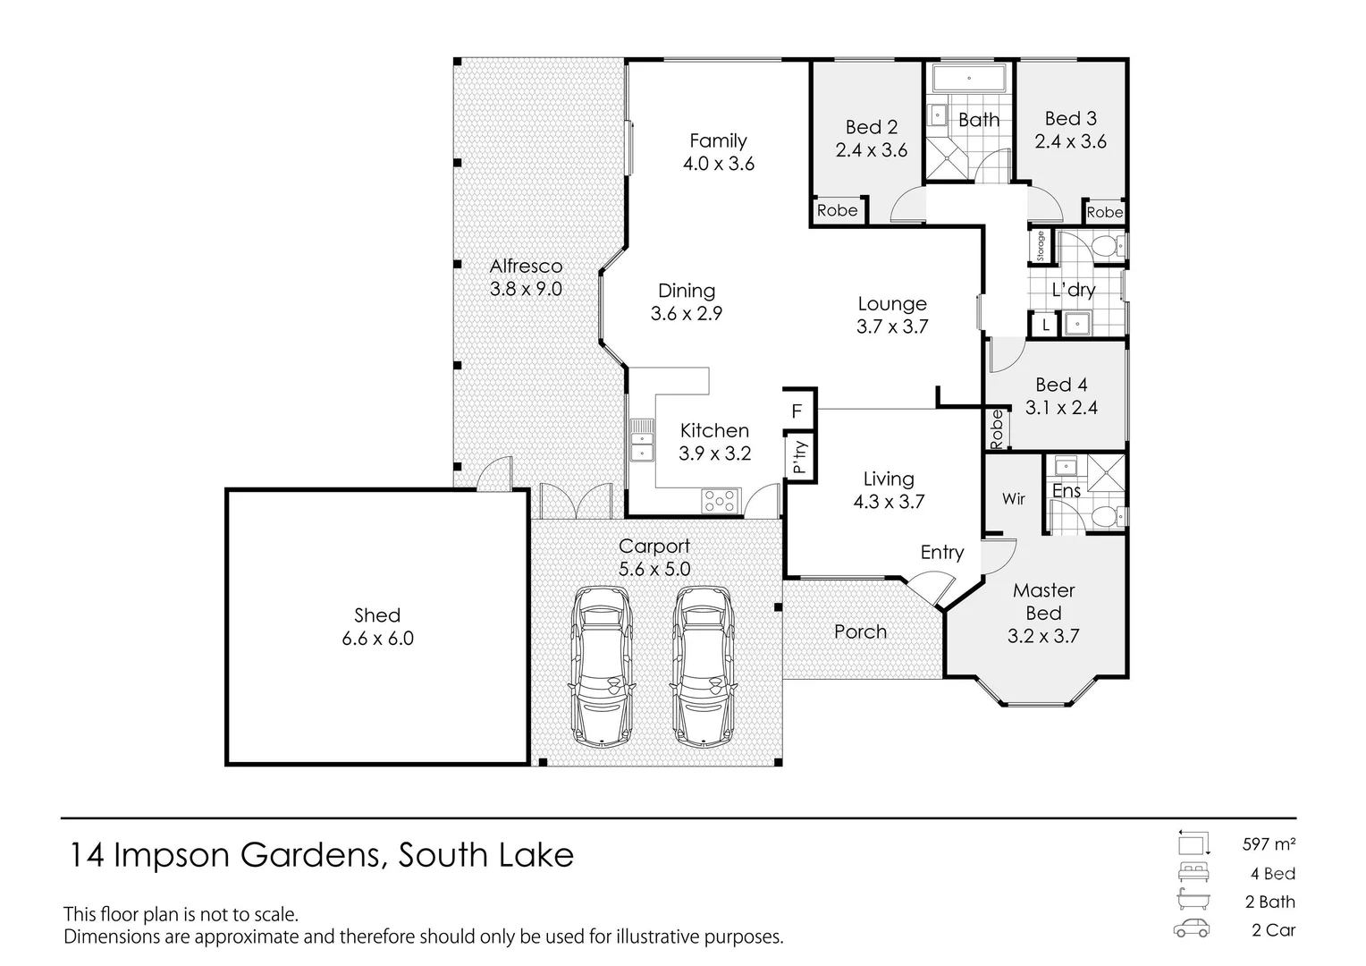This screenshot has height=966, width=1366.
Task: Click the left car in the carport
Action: pos(601,665)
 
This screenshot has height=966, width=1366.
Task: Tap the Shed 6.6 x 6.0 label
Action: pos(377,627)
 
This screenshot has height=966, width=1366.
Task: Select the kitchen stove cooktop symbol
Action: pos(720,500)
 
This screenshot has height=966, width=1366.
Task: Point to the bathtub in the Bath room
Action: pos(969,79)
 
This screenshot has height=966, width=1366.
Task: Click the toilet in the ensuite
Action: pos(1106,517)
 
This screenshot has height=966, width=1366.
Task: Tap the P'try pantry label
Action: pos(799,457)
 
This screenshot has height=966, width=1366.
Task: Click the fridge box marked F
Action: pos(797,411)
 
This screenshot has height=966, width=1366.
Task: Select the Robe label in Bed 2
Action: pos(837,210)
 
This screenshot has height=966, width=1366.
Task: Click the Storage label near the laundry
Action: pos(1041,247)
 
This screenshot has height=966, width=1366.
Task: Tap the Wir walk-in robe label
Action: pos(1013,499)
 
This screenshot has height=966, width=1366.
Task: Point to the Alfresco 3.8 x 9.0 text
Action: pos(526,277)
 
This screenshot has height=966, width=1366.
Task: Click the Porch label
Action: pos(860,631)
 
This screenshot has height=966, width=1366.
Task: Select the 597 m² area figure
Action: pos(1269,843)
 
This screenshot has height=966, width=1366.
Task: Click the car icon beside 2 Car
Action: pos(1192,929)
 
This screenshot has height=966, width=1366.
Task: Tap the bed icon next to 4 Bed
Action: pos(1192,873)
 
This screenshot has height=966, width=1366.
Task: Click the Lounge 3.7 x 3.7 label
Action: pos(891,315)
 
